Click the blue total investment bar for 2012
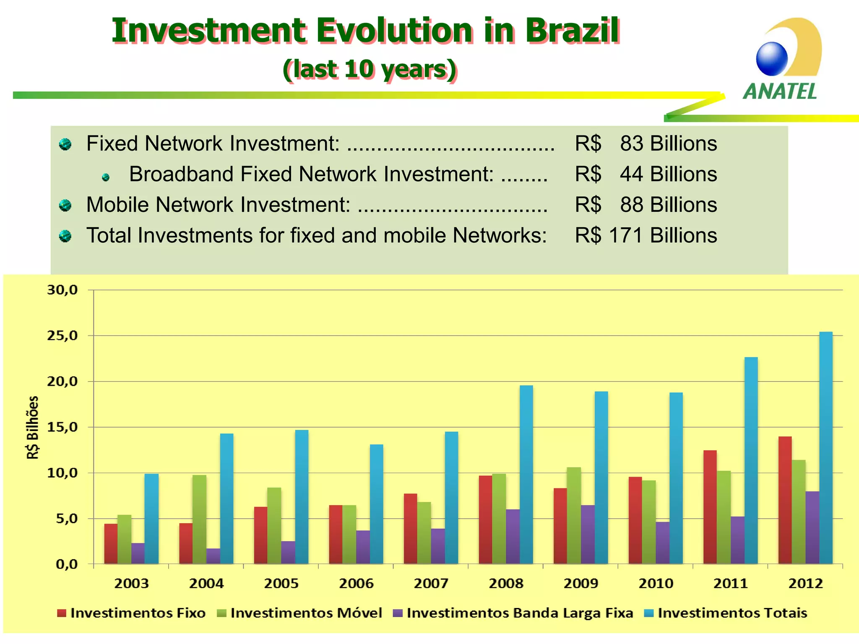click(x=826, y=449)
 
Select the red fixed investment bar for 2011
click(x=710, y=507)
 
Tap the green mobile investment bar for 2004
click(x=199, y=520)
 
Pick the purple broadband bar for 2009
click(x=588, y=535)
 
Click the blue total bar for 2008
click(x=526, y=474)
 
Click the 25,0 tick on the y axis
click(x=62, y=336)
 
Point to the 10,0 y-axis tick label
click(x=62, y=473)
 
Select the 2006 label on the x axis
click(x=356, y=584)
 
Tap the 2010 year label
click(x=656, y=584)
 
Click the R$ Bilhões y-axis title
click(x=33, y=428)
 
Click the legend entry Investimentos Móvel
click(x=306, y=613)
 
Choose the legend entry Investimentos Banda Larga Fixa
click(x=520, y=613)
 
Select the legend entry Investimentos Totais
click(x=732, y=613)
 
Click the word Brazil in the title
click(x=572, y=31)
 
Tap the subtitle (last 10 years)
click(x=370, y=69)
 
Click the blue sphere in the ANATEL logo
click(x=772, y=59)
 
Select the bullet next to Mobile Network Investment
click(x=65, y=205)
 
